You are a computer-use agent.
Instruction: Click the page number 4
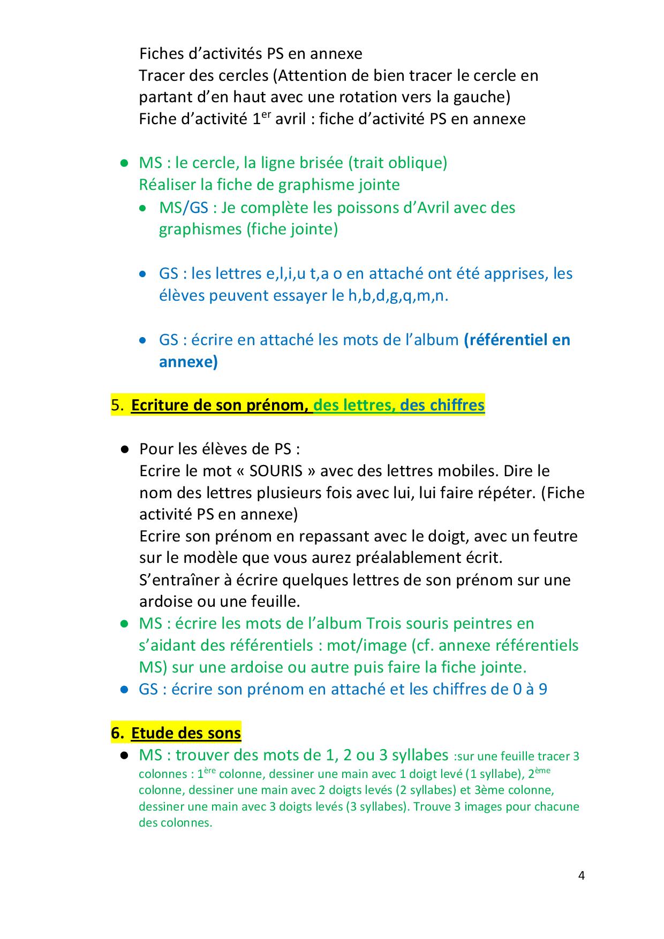582,876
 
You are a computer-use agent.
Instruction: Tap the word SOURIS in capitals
276,471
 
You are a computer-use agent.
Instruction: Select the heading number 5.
117,405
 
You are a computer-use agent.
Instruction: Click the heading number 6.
117,732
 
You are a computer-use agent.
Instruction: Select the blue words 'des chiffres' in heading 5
442,405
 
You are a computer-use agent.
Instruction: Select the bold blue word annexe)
188,362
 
